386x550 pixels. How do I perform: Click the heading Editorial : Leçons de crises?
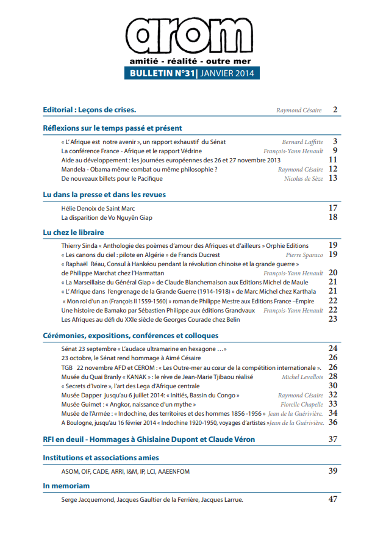point(89,110)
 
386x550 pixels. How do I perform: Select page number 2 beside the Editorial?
point(335,110)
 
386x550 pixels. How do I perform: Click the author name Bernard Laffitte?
point(302,142)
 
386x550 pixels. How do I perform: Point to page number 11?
point(333,159)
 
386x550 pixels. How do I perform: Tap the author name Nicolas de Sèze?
point(304,178)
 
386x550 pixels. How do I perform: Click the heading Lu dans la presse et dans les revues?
point(104,195)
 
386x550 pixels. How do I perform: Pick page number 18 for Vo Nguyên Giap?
point(333,217)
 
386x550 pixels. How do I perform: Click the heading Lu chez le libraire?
point(73,232)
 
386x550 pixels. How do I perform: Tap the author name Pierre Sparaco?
point(304,255)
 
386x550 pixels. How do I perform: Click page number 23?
point(333,319)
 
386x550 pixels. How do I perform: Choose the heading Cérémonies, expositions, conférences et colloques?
point(130,335)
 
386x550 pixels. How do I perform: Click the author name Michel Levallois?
point(302,377)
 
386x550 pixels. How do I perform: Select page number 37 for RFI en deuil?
point(333,439)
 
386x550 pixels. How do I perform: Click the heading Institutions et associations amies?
point(101,457)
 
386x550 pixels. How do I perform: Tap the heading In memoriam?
point(66,485)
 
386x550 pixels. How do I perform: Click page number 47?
point(333,499)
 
